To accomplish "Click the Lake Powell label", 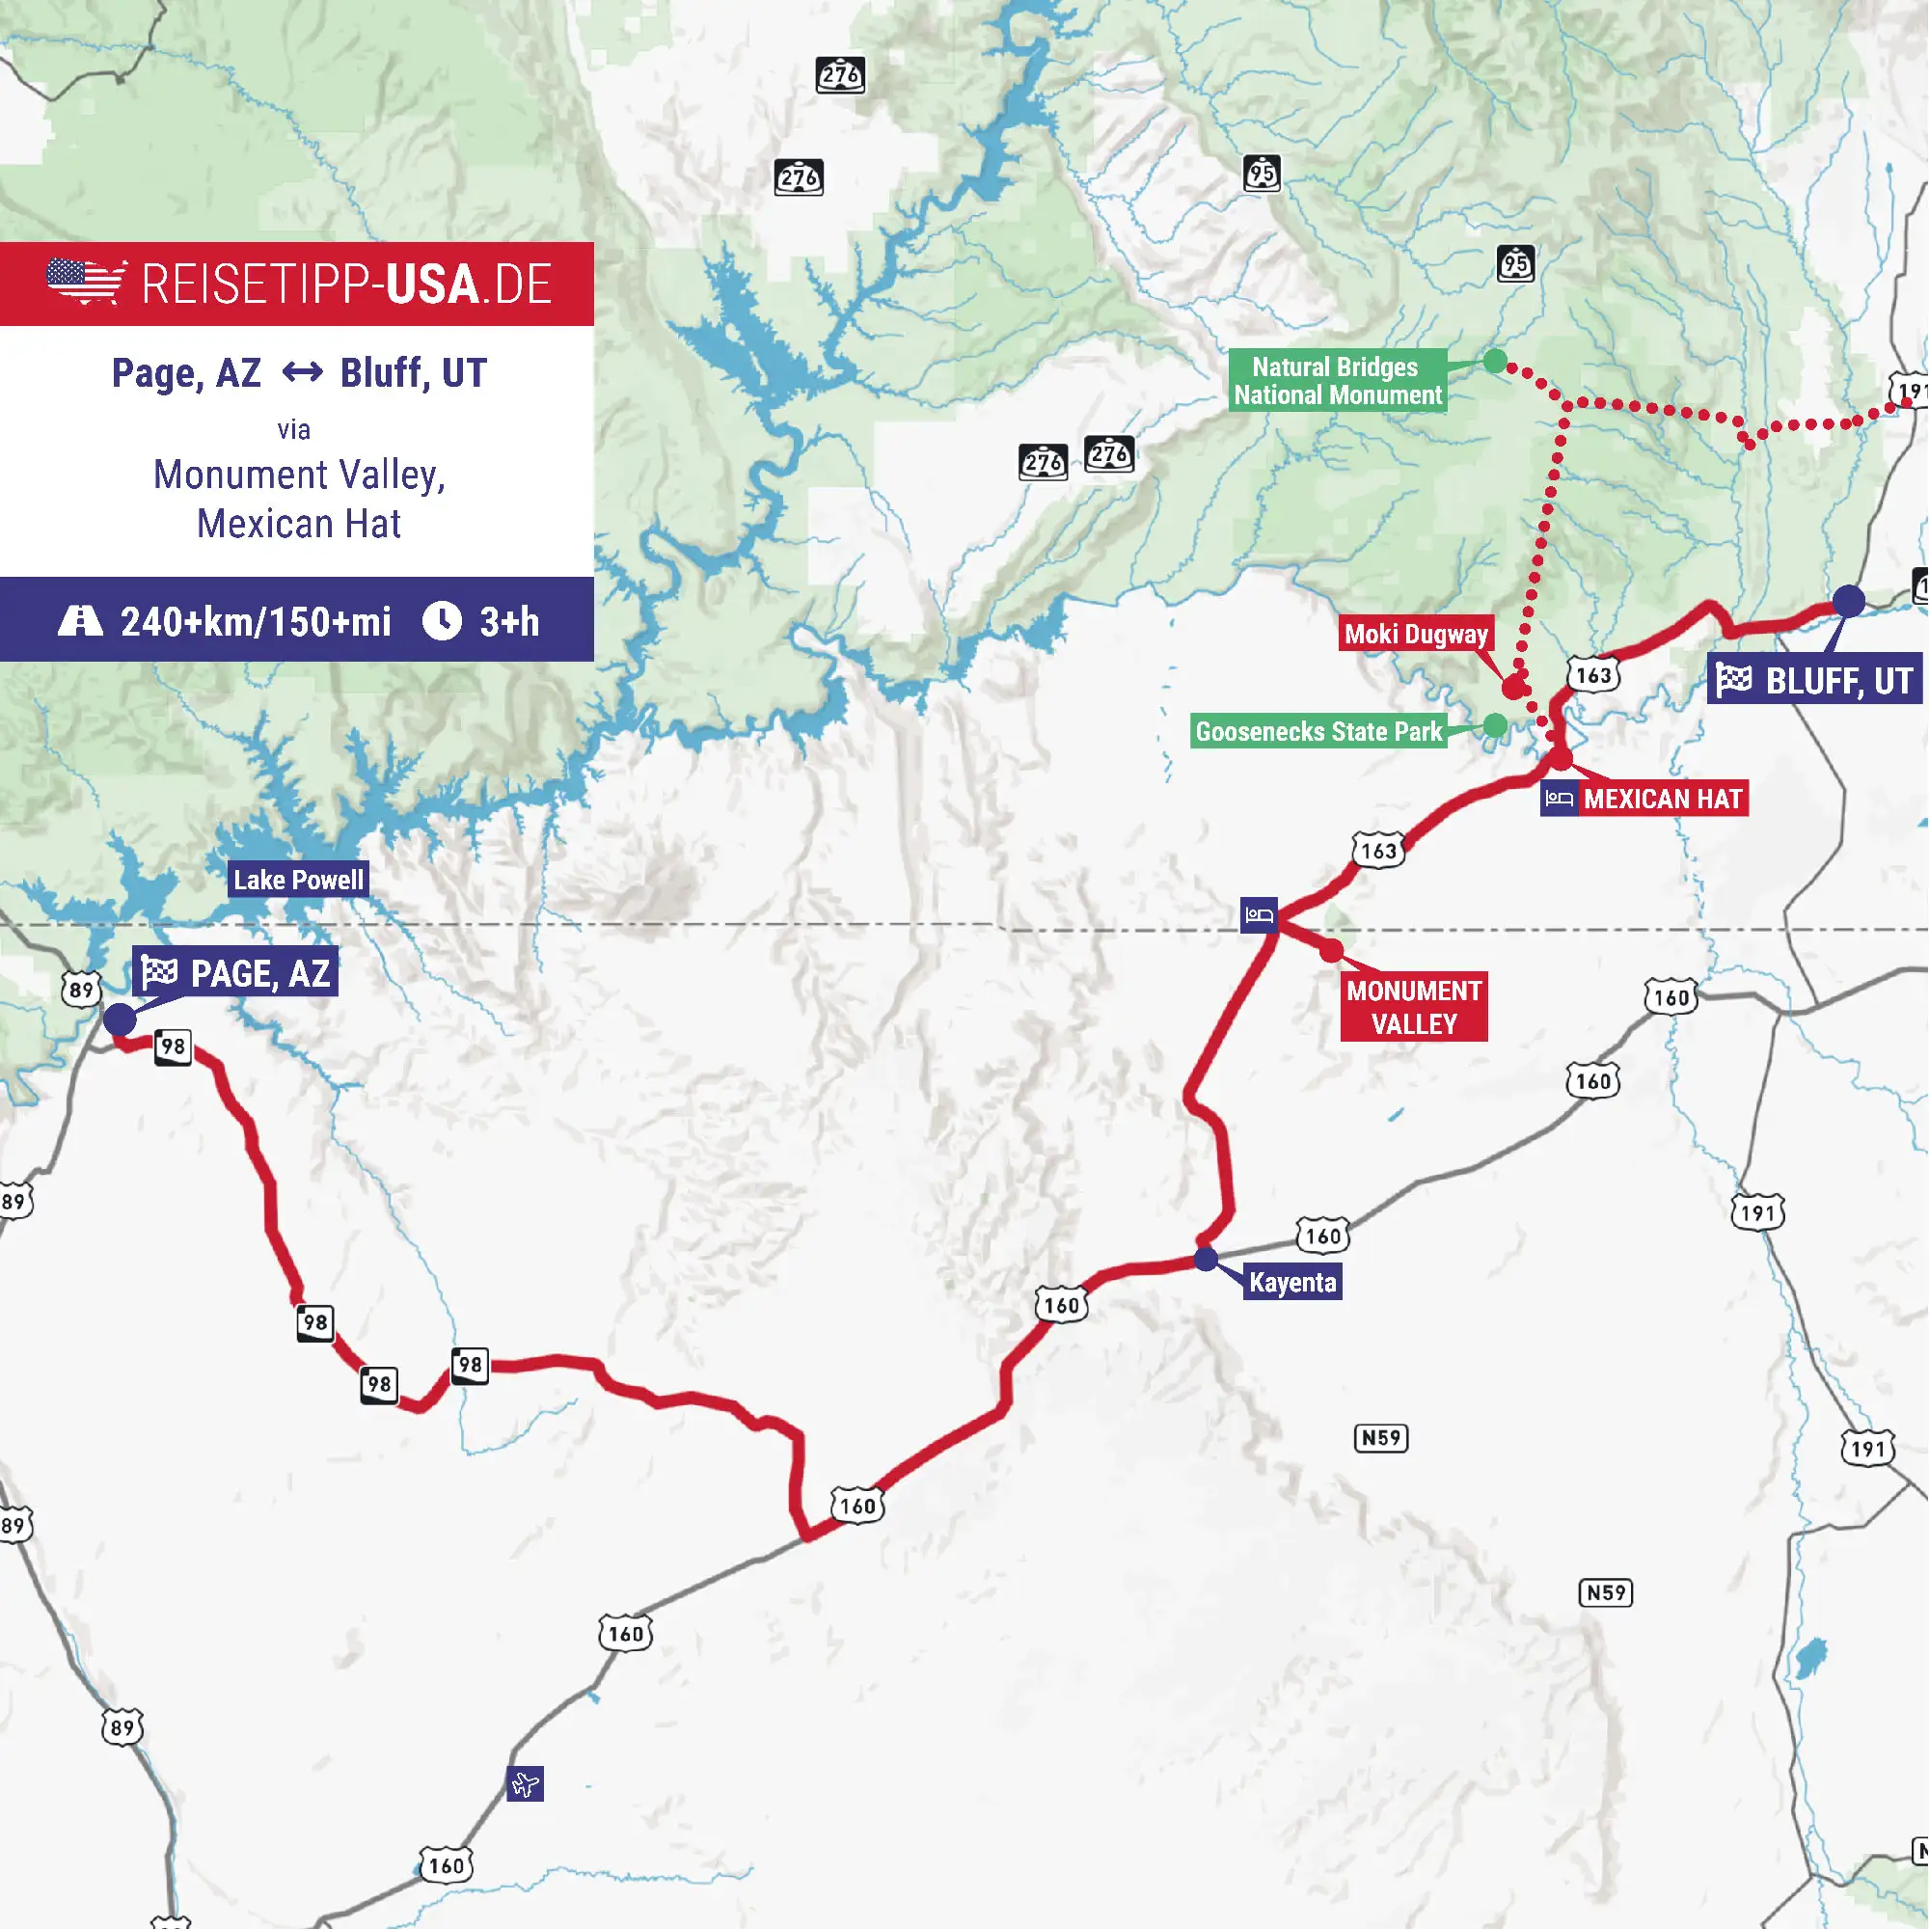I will tap(299, 880).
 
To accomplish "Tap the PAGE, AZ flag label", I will tap(235, 972).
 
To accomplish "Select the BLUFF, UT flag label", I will tap(1814, 681).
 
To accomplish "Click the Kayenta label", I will tap(1292, 1282).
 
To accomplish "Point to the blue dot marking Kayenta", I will tap(1207, 1259).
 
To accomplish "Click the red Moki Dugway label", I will tap(1416, 634).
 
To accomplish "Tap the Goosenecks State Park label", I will tap(1318, 732).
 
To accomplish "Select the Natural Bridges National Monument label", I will tap(1337, 380).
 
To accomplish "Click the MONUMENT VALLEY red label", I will tap(1414, 1008).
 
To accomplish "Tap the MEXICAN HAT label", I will tap(1663, 799).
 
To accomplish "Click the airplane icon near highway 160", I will tap(526, 1783).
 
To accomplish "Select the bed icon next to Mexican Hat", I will tap(1559, 799).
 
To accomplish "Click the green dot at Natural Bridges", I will tap(1495, 362).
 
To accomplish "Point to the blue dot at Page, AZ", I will tap(120, 1019).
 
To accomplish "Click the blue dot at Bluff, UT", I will tap(1848, 601).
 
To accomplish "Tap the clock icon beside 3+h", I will tap(442, 620).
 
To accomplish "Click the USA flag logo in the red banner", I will tap(86, 282).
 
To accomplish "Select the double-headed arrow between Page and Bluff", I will tap(302, 373).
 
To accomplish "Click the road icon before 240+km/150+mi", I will tap(80, 620).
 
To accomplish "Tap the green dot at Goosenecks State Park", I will tap(1495, 726).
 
